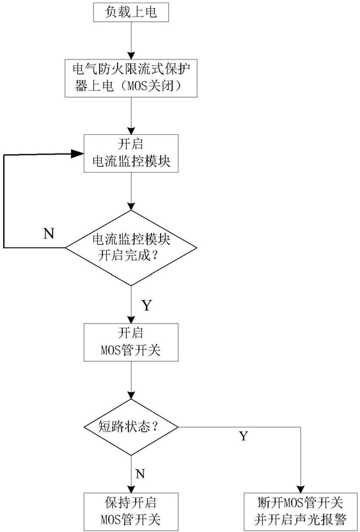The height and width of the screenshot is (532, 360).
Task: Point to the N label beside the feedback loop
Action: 48,233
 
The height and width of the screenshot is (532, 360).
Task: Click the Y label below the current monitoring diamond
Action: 146,305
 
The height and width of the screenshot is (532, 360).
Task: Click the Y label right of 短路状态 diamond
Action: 244,436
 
